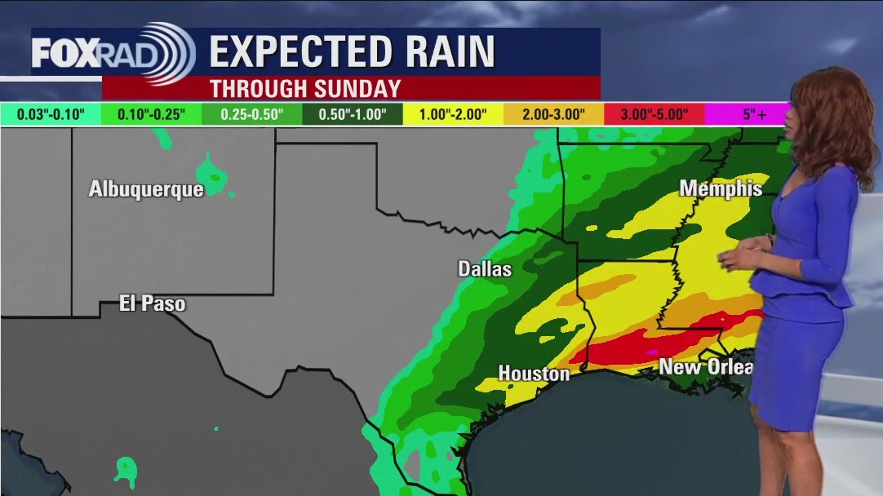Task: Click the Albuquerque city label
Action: click(x=146, y=189)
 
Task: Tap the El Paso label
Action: click(x=153, y=304)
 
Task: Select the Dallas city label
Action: click(x=485, y=269)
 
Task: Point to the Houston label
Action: click(x=534, y=374)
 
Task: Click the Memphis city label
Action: click(x=721, y=189)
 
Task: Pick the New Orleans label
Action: click(x=705, y=367)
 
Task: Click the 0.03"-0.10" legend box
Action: click(x=50, y=114)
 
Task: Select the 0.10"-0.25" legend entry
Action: click(x=151, y=114)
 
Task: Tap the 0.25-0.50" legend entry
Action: click(x=252, y=114)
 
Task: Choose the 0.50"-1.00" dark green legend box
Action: click(x=353, y=114)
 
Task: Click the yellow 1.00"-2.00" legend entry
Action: click(x=454, y=114)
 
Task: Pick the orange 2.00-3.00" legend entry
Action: click(x=554, y=114)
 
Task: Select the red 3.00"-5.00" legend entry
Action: click(x=654, y=114)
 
